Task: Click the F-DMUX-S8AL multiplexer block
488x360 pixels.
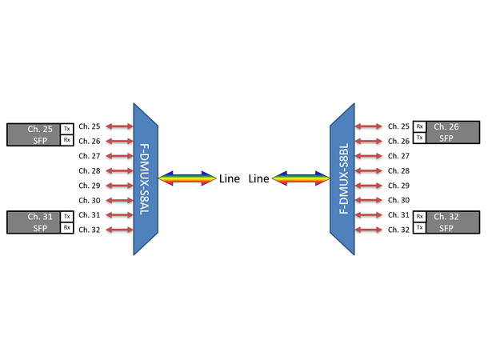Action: pos(146,178)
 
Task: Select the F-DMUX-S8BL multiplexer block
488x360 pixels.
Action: pos(342,178)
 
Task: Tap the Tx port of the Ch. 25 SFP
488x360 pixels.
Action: pos(67,128)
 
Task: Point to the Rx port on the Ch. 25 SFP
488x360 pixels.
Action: pos(67,140)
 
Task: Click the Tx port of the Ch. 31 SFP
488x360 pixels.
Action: pos(67,216)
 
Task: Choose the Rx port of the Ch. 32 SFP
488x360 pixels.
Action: pos(419,216)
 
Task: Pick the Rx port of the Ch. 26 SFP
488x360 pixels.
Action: pos(419,126)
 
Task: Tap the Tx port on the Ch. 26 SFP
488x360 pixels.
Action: pos(419,138)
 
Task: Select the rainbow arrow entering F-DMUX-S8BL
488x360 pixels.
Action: pos(301,178)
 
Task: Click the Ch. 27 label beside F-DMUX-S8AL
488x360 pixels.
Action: pos(90,156)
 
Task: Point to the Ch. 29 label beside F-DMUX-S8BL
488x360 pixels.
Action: pos(398,186)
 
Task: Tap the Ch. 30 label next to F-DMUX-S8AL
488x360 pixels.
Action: pos(90,200)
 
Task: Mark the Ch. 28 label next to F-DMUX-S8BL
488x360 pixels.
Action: pos(398,171)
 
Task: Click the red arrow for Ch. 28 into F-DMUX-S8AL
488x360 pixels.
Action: pos(118,170)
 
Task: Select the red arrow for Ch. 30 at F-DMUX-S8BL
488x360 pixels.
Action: pos(370,200)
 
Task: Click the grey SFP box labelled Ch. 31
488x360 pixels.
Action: pos(33,222)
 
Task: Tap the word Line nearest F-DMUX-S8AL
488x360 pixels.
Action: pos(230,179)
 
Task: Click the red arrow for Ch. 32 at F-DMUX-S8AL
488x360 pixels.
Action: pos(118,230)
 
